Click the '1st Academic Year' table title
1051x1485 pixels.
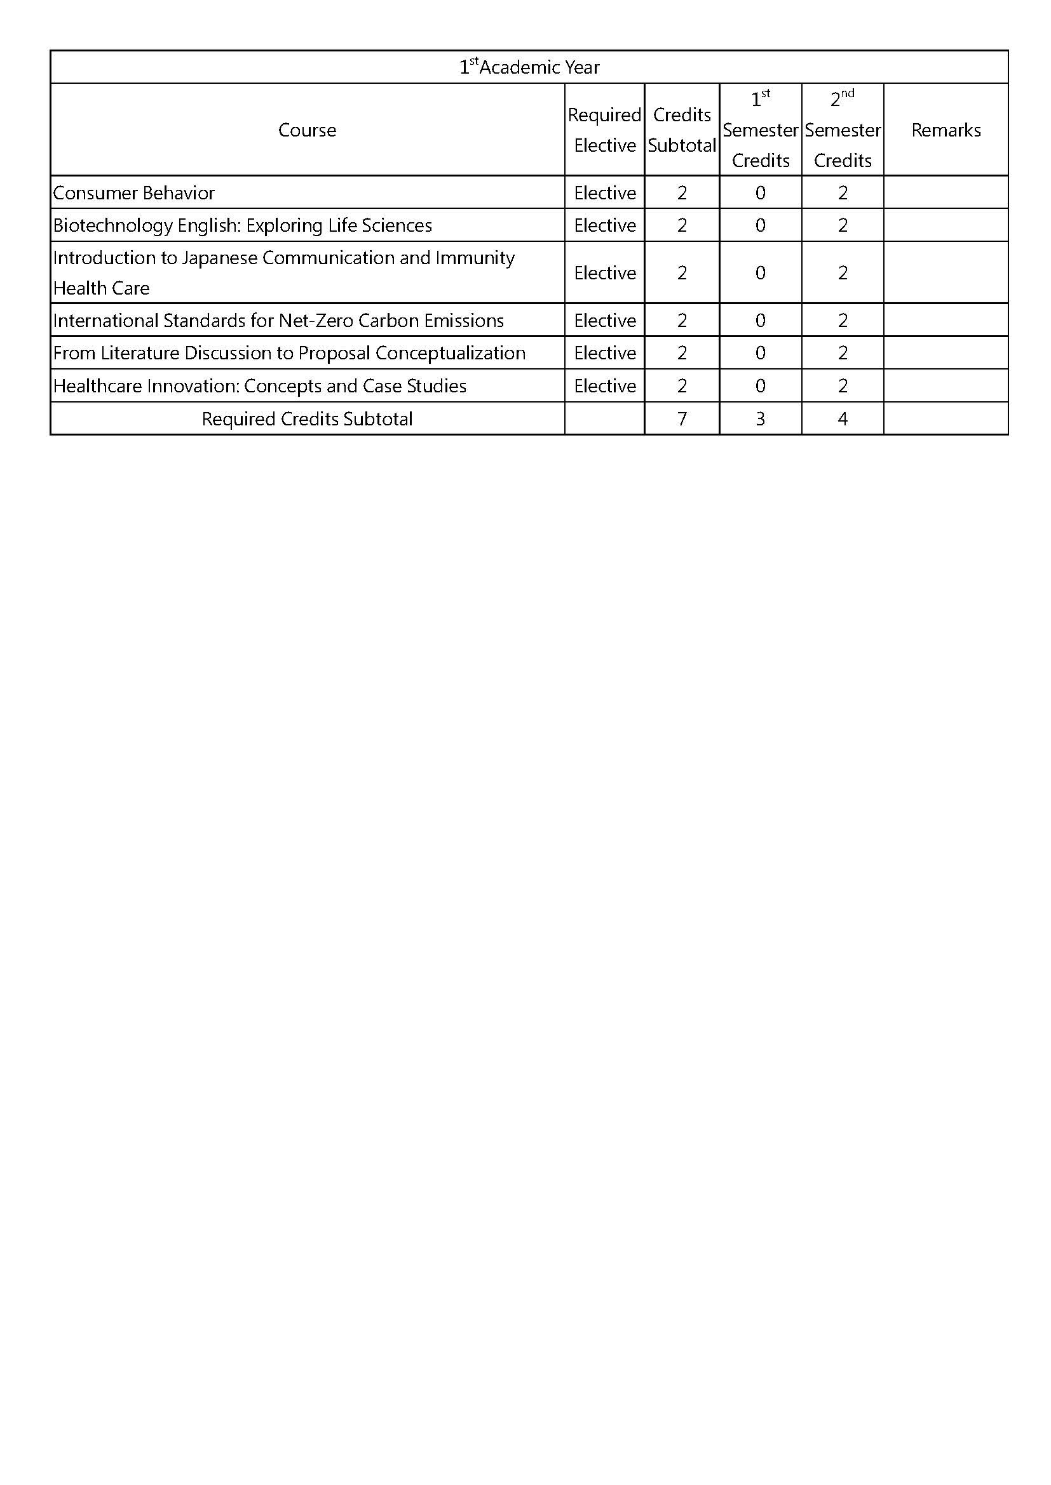point(529,67)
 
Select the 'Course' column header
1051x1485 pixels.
point(307,130)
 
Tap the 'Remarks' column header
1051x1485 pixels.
point(946,130)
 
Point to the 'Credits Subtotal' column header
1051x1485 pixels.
point(681,130)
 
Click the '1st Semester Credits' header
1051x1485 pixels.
point(760,130)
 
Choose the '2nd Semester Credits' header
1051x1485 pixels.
point(842,130)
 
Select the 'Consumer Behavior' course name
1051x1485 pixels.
point(134,193)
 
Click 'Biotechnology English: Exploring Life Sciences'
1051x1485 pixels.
point(243,225)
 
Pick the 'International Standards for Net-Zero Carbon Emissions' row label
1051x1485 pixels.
point(278,320)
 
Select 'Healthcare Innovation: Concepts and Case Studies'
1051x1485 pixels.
point(259,385)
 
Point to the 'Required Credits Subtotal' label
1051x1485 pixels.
point(307,418)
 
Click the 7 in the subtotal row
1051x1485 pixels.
point(681,418)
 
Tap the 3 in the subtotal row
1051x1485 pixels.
point(760,418)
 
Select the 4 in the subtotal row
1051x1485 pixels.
point(842,418)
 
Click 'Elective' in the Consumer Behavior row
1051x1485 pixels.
point(604,193)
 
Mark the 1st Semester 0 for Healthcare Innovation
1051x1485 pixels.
point(760,385)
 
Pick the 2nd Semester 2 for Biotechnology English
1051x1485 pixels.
point(842,225)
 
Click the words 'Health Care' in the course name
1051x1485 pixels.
point(101,288)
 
